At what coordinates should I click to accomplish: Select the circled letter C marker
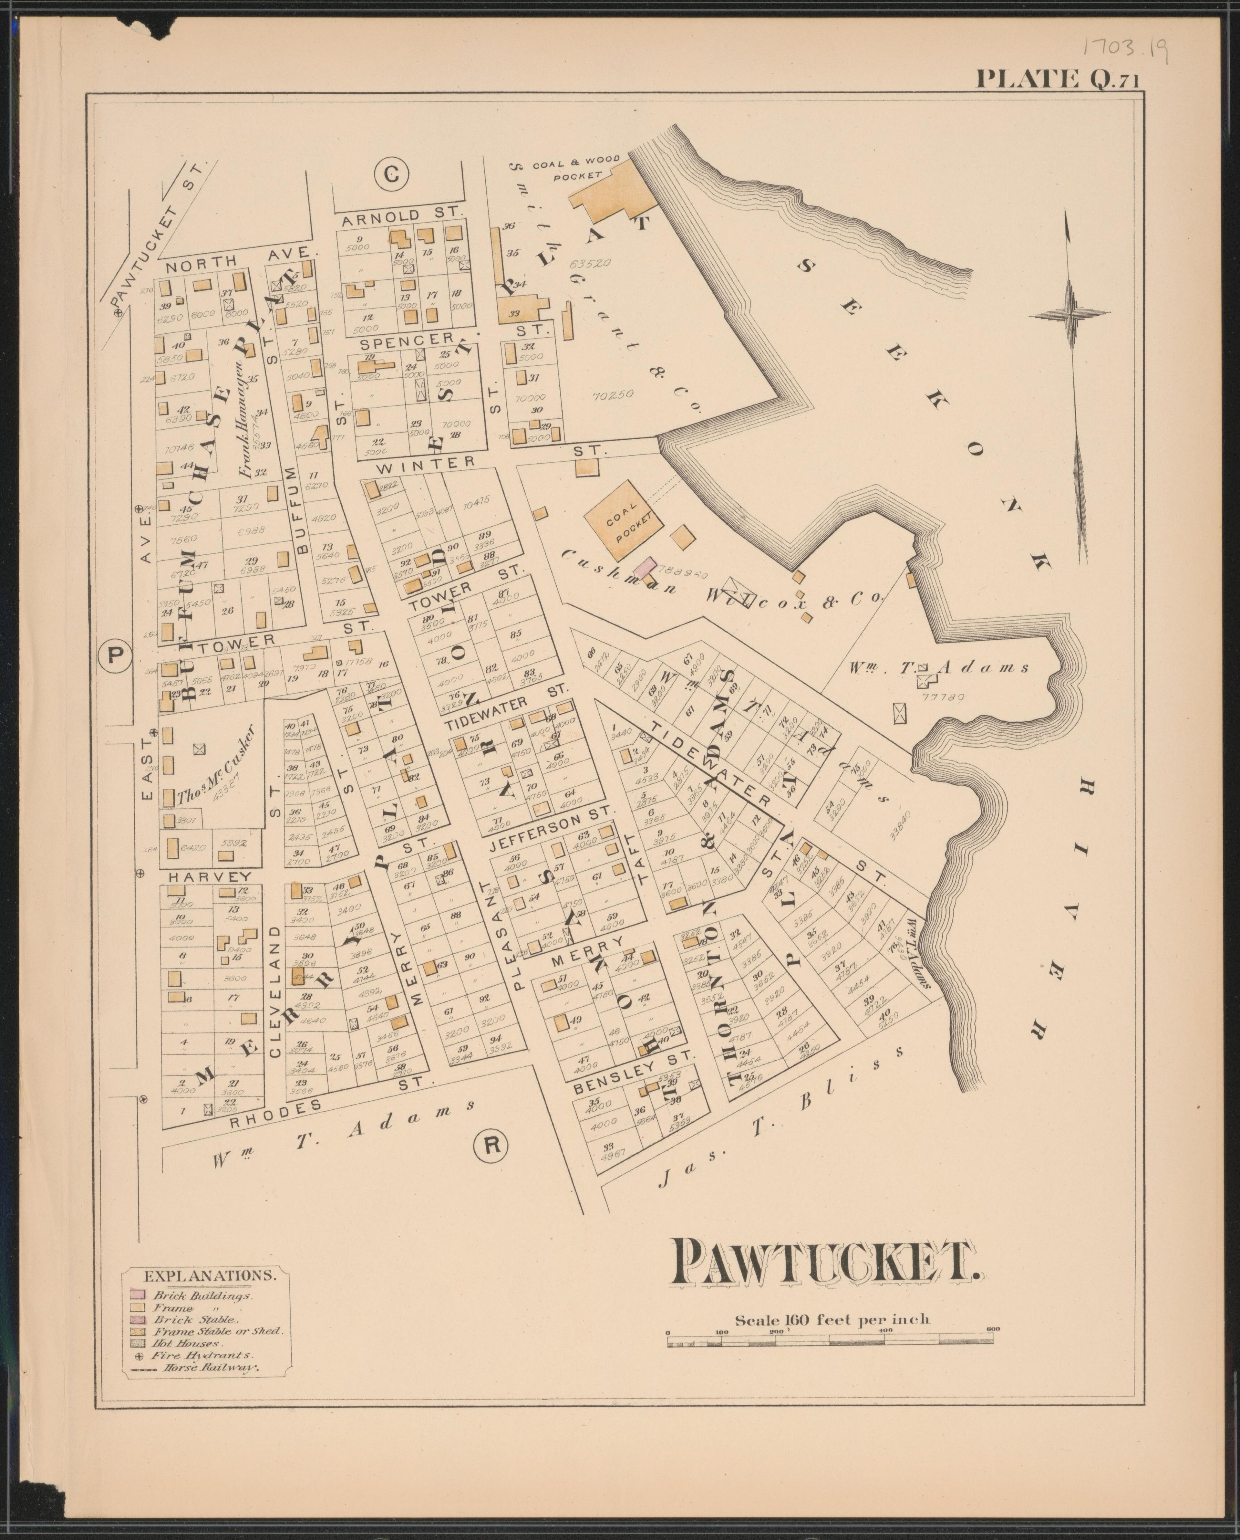coord(391,174)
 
